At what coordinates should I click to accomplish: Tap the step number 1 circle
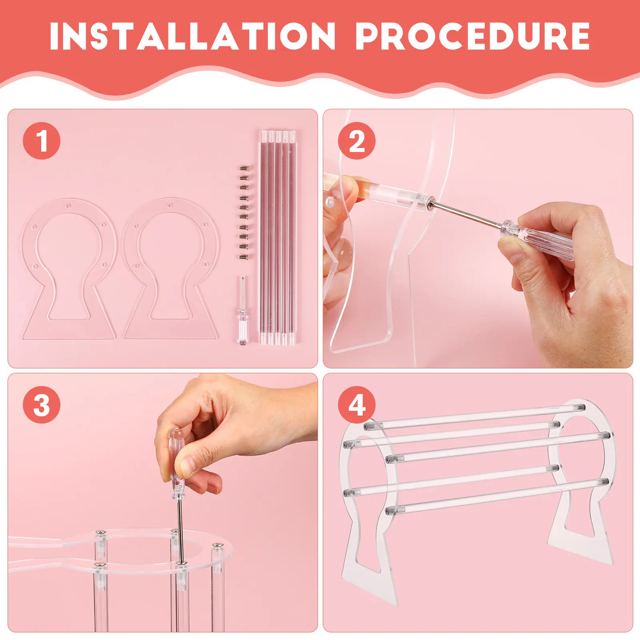click(x=42, y=141)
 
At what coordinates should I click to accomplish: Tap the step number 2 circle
click(x=357, y=141)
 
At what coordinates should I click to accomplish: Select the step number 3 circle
click(x=42, y=405)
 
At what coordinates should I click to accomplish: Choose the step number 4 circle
click(x=357, y=405)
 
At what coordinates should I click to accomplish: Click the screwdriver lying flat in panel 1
click(x=242, y=311)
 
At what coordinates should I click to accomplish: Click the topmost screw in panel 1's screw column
click(x=243, y=168)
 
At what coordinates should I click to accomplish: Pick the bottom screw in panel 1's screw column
click(x=243, y=258)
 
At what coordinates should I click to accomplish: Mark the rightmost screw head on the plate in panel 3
click(x=217, y=545)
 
